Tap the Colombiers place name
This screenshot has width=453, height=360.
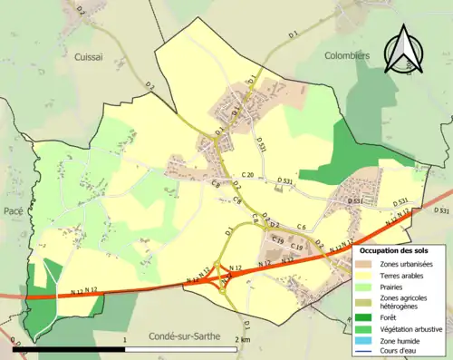coord(347,54)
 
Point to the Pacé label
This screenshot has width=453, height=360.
coord(14,209)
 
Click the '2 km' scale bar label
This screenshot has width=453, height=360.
coord(241,339)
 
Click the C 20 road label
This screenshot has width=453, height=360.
coord(247,175)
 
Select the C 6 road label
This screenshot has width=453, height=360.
coord(302,227)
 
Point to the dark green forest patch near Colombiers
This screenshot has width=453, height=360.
coord(345,150)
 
